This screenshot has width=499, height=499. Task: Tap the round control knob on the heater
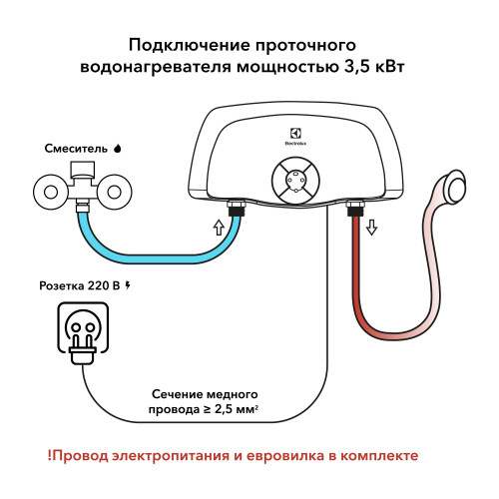pyautogui.click(x=297, y=184)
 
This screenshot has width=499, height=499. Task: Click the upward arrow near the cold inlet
pyautogui.click(x=219, y=228)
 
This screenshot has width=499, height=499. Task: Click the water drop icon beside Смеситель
pyautogui.click(x=119, y=148)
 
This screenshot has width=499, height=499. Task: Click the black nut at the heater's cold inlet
pyautogui.click(x=238, y=210)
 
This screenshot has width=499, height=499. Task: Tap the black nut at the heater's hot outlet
pyautogui.click(x=353, y=210)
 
